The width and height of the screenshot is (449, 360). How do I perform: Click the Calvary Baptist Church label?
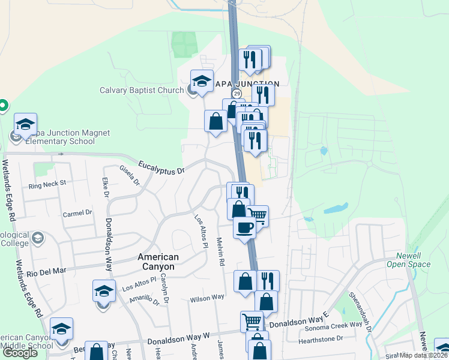(142, 91)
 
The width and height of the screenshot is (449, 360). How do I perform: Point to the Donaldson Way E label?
(300, 323)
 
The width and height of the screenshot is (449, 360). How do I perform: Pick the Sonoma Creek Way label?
(337, 324)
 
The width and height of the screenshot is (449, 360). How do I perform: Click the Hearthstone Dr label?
(321, 339)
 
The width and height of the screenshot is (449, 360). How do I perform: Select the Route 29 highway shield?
(237, 94)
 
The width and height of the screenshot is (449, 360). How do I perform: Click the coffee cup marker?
(244, 227)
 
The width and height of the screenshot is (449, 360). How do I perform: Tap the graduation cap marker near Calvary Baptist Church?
(202, 80)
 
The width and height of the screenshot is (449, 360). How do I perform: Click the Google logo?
(20, 353)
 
